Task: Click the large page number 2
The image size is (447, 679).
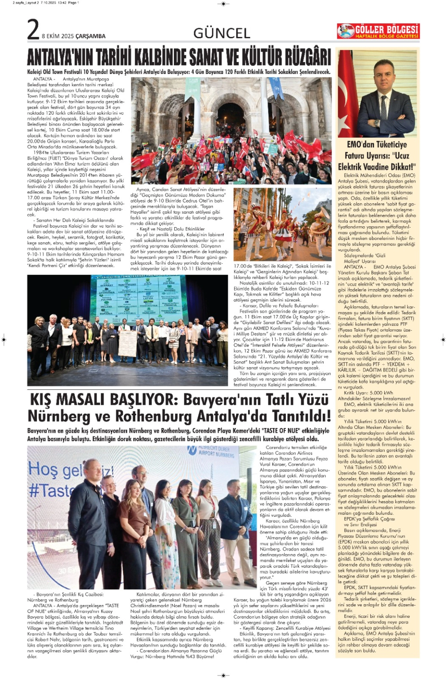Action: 33,30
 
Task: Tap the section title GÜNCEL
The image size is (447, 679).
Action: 222,34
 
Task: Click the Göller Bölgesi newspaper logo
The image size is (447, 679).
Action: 378,31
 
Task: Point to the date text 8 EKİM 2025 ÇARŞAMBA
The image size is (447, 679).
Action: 74,36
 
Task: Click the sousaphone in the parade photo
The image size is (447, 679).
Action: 321,217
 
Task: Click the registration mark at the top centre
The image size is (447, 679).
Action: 223,4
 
